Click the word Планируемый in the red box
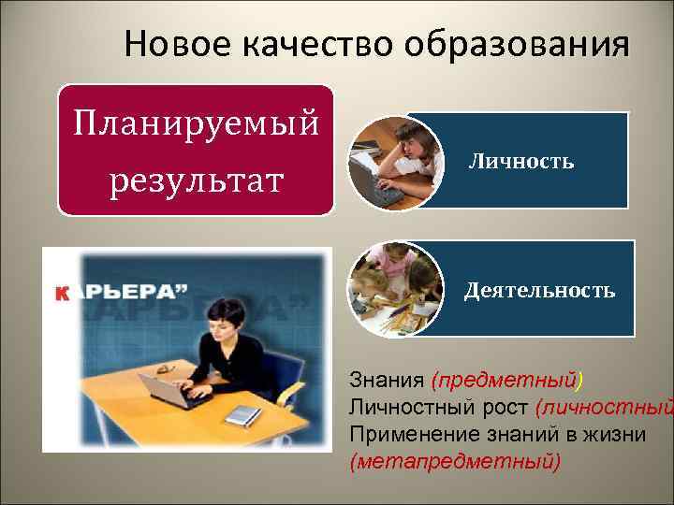pyautogui.click(x=196, y=123)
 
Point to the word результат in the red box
pyautogui.click(x=196, y=178)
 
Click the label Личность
pyautogui.click(x=520, y=162)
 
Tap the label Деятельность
pyautogui.click(x=539, y=290)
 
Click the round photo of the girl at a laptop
pyautogui.click(x=393, y=160)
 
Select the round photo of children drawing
pyautogui.click(x=394, y=288)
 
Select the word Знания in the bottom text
pyautogui.click(x=387, y=381)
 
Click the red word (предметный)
pyautogui.click(x=506, y=381)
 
